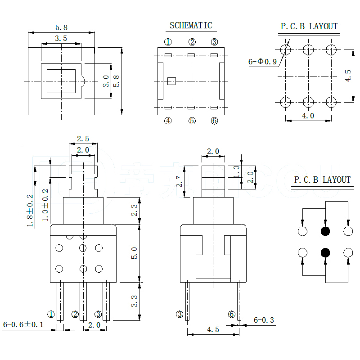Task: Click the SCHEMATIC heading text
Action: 191,26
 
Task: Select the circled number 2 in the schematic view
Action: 192,42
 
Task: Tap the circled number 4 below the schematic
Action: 168,121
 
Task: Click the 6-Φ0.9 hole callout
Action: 262,62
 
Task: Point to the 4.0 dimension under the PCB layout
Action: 308,116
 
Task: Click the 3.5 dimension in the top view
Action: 61,39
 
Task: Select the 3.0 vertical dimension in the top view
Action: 105,81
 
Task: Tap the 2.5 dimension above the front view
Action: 83,138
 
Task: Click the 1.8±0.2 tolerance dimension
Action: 30,210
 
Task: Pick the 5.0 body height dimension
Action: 135,252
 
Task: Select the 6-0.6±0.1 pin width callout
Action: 23,324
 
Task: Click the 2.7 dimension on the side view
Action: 180,181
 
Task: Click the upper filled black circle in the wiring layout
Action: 325,231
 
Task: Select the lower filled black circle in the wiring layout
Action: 325,252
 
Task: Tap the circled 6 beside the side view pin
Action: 231,314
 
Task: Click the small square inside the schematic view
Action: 171,81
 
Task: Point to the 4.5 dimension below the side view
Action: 213,329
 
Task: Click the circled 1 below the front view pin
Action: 51,314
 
